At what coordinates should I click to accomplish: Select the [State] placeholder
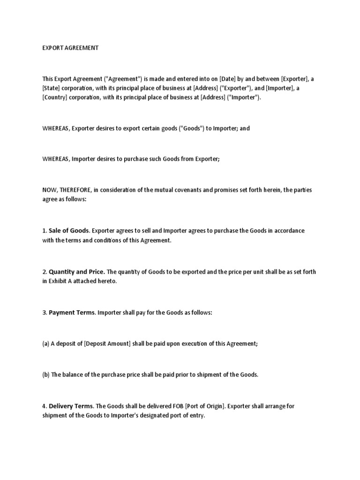click(52, 88)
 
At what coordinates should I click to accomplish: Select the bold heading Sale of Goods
click(69, 231)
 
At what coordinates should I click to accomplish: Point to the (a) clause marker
click(45, 344)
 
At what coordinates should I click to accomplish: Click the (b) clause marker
click(45, 375)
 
